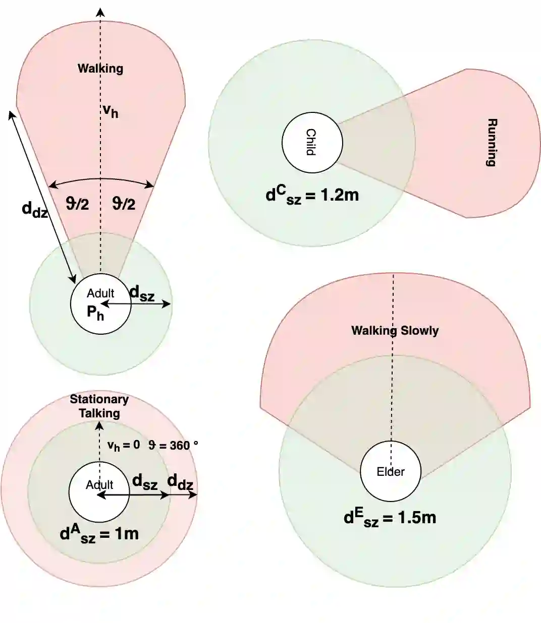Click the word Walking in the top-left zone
coord(100,69)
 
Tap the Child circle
coord(312,143)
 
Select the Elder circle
coord(390,472)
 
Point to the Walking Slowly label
coord(395,331)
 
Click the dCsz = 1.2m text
coord(312,195)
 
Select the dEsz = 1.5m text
coord(390,518)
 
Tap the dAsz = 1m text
coord(99,534)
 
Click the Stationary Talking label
coord(99,406)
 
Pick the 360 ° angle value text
coord(173,446)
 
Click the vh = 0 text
coord(124,446)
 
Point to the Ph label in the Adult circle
coord(95,313)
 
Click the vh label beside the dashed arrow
coord(111,111)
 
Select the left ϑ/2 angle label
coord(77,204)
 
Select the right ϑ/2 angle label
coord(124,204)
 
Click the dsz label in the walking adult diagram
coord(142,293)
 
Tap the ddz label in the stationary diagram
coord(180,482)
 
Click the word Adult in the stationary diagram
coord(99,485)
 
